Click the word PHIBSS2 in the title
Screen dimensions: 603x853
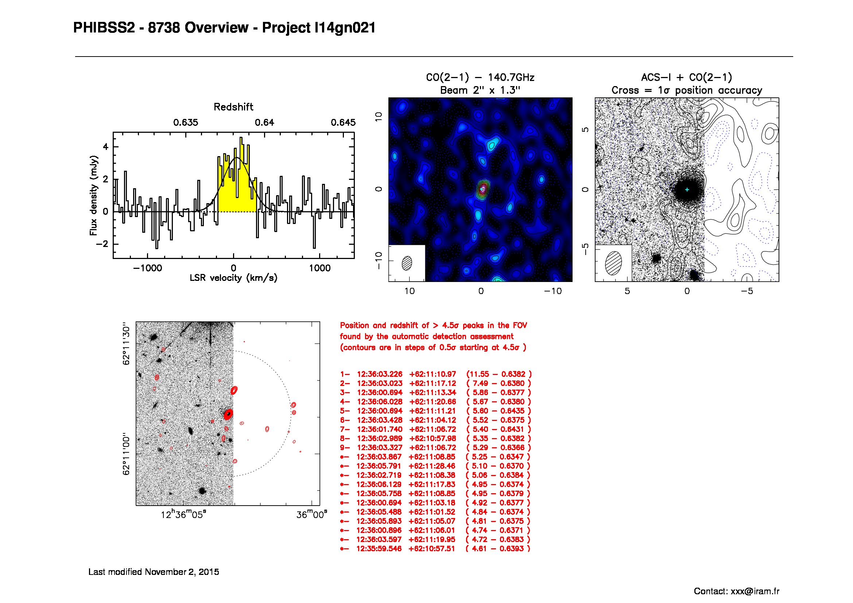[104, 28]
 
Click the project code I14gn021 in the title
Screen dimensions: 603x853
[345, 28]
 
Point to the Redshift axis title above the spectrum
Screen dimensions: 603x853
[233, 107]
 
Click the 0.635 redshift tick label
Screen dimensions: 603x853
[186, 123]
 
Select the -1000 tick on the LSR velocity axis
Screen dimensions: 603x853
[147, 268]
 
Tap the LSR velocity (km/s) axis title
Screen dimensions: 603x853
[233, 278]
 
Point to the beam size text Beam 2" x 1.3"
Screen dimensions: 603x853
[480, 90]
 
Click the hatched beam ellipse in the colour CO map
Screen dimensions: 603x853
[407, 263]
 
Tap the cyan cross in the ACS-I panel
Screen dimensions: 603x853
[687, 189]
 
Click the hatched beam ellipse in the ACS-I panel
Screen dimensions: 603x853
[613, 263]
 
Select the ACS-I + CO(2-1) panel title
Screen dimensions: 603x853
[687, 78]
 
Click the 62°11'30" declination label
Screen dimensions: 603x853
[126, 344]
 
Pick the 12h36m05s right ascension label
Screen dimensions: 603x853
[183, 515]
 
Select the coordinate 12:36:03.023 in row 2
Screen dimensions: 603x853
[379, 383]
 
